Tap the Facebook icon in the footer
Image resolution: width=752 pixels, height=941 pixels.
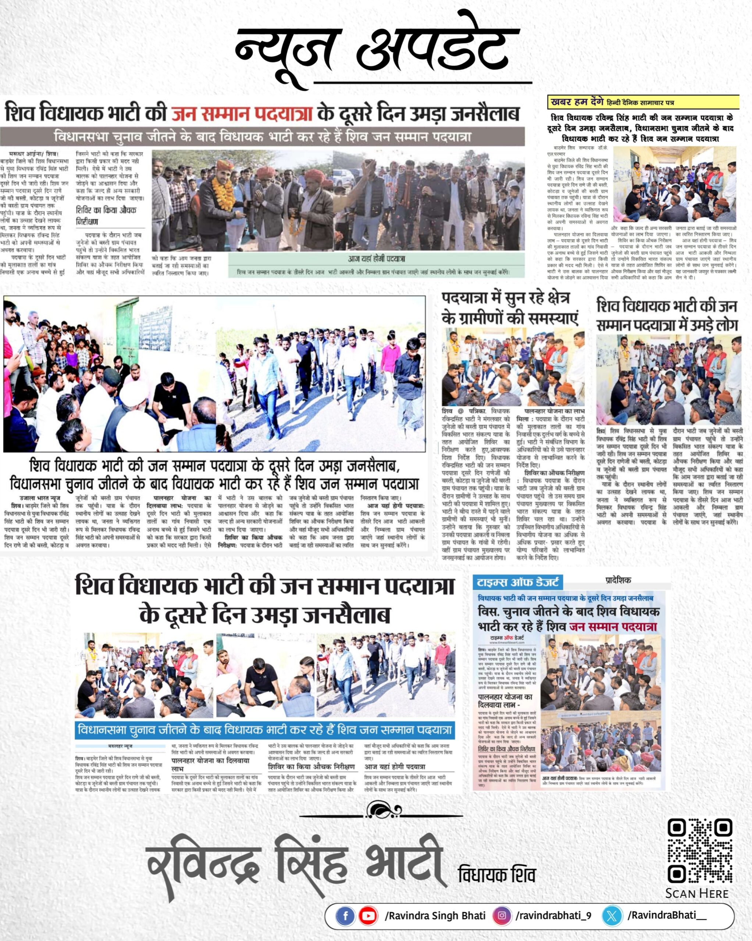[345, 916]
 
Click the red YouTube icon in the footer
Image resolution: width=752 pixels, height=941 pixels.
[368, 916]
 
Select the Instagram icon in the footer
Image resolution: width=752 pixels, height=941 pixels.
[502, 916]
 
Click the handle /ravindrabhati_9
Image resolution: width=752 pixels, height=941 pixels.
[553, 916]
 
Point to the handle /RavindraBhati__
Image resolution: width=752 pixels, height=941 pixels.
[666, 916]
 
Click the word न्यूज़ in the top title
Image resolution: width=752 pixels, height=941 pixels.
[286, 48]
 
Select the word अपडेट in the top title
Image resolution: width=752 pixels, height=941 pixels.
[437, 48]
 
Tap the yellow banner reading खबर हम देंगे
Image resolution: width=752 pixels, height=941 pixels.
[643, 103]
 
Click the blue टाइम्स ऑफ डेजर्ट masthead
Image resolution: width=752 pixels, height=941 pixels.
[518, 582]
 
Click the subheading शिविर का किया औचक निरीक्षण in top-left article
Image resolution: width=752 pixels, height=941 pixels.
[106, 215]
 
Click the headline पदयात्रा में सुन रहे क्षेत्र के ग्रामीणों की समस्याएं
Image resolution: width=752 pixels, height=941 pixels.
[510, 308]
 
